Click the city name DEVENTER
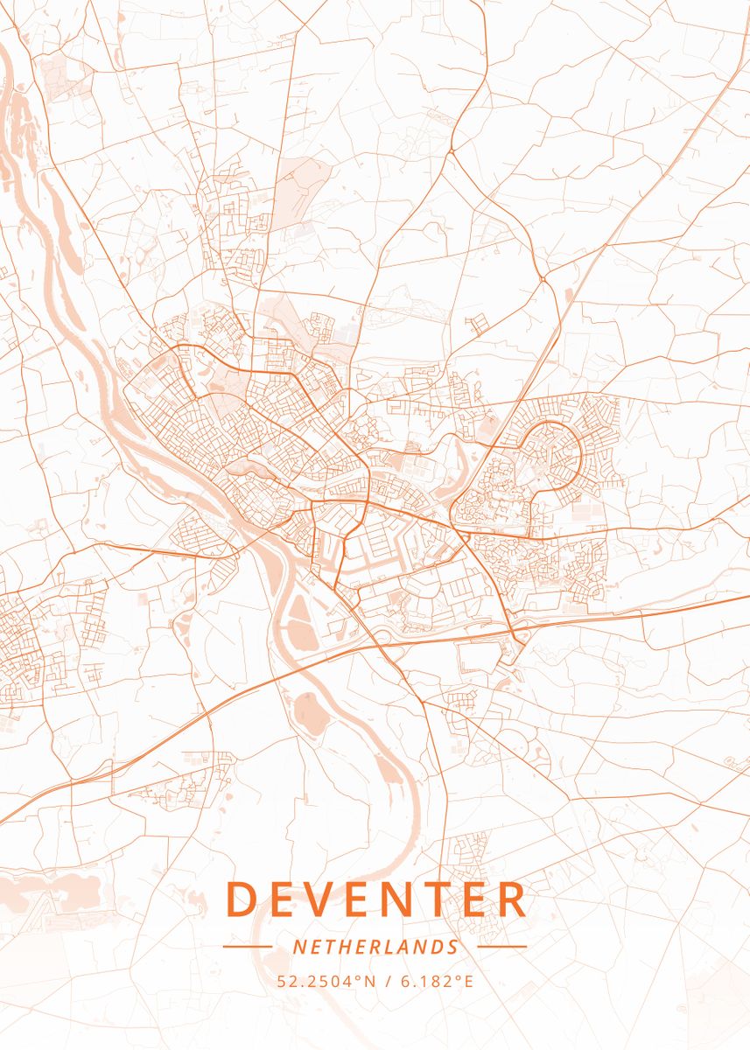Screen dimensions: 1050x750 tap(376, 899)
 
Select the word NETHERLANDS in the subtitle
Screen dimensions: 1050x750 tap(375, 947)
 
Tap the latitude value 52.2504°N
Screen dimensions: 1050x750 tap(326, 981)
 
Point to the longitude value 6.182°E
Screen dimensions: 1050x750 tap(437, 981)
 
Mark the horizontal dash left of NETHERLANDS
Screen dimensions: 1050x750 tap(248, 947)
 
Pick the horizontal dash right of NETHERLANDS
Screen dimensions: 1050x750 tap(502, 947)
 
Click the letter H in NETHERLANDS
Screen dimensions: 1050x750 tap(340, 947)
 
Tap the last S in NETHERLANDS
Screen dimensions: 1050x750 tap(452, 947)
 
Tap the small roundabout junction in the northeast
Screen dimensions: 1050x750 tap(543, 279)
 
